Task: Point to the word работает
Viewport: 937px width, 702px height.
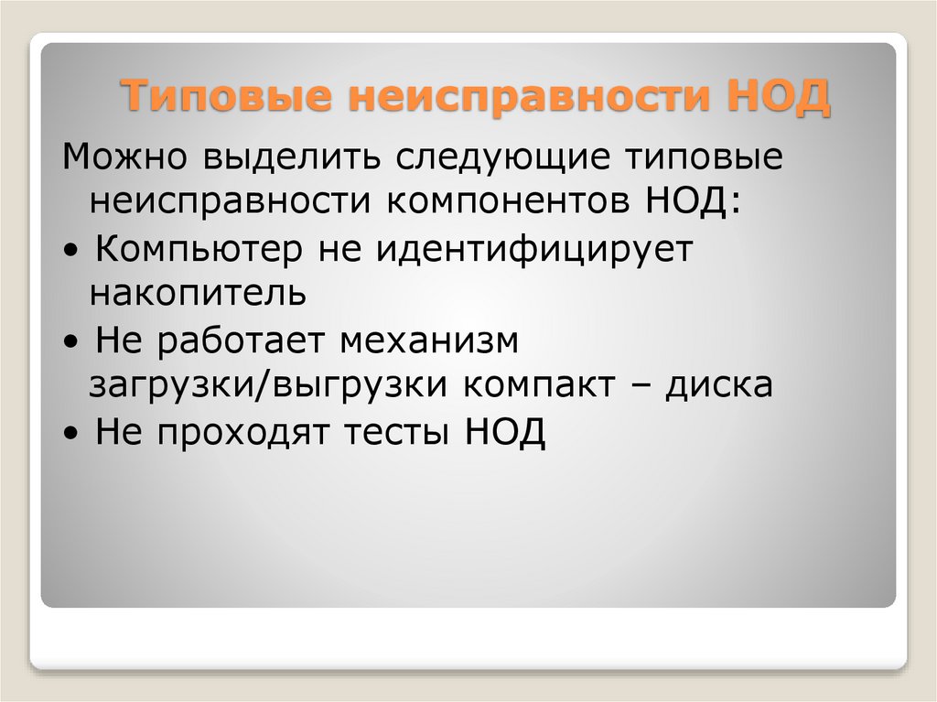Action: [243, 340]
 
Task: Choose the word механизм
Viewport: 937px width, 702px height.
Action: [430, 340]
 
